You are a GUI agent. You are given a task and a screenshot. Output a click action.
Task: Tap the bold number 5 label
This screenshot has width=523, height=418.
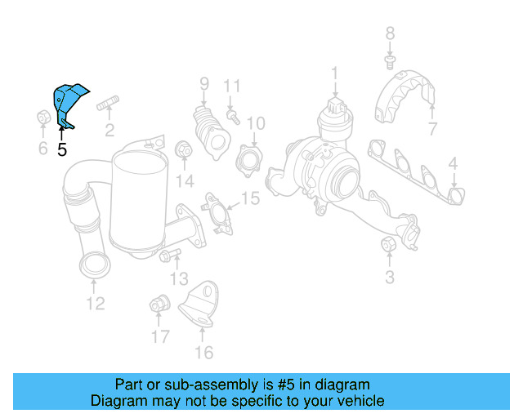click(62, 149)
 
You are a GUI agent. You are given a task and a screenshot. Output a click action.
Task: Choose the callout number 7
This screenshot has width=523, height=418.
click(432, 128)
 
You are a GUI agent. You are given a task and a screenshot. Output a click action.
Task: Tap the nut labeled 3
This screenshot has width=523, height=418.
click(389, 245)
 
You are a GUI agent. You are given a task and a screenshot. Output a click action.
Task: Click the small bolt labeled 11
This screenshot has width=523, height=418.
click(233, 117)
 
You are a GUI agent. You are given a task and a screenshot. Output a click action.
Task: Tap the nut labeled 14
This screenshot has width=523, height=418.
click(184, 151)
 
